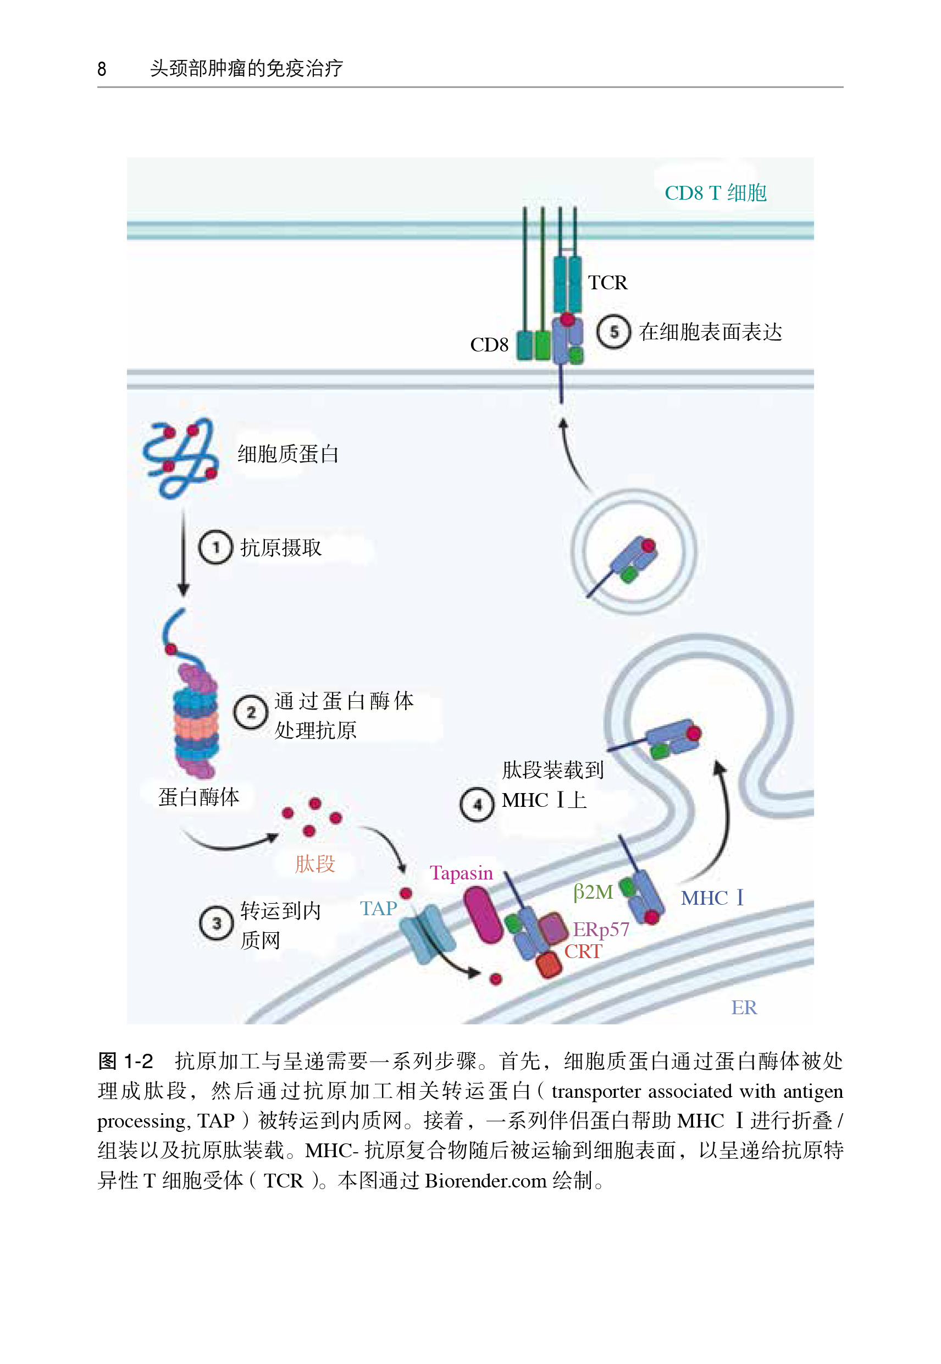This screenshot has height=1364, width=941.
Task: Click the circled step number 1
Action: coord(215,547)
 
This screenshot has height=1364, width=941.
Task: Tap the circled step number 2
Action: coord(251,712)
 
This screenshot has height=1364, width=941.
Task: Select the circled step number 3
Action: coord(217,923)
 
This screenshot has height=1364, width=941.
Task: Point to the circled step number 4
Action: coord(477,804)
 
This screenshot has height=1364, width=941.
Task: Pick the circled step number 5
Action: coord(614,332)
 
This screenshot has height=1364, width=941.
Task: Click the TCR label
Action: coord(608,283)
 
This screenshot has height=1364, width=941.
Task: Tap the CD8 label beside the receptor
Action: coord(489,344)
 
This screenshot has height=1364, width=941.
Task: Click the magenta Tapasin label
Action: coord(461,872)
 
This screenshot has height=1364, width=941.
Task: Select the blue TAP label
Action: coord(379,908)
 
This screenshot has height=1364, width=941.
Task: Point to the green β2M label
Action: coord(593,892)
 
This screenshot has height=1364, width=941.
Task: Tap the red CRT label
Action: coord(583,951)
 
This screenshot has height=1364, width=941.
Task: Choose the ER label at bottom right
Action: coord(744,1007)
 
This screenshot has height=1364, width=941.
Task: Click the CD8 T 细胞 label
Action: coord(715,193)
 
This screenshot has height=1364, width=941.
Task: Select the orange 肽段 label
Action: coord(315,864)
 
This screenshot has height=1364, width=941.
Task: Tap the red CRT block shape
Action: coord(549,964)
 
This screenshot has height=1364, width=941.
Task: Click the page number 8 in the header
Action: coord(102,68)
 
